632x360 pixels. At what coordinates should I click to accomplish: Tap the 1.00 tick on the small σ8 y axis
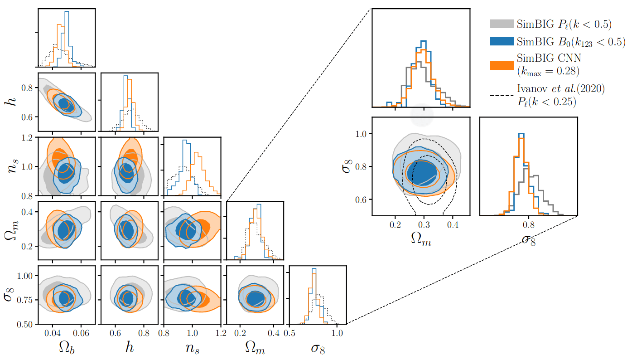click(x=26, y=276)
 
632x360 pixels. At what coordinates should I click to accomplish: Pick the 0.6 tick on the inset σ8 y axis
click(x=361, y=199)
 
